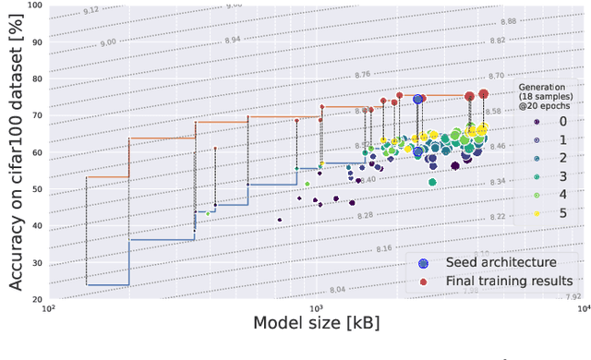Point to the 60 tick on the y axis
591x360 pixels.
click(x=36, y=152)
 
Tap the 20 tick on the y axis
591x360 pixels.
click(x=36, y=300)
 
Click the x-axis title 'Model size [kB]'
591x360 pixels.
click(x=317, y=324)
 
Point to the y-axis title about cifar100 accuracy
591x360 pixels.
click(x=15, y=152)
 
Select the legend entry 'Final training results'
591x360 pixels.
click(x=509, y=281)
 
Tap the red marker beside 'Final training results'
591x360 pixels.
click(x=424, y=281)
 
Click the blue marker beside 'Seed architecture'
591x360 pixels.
click(x=424, y=262)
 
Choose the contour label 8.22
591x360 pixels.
click(x=550, y=216)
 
